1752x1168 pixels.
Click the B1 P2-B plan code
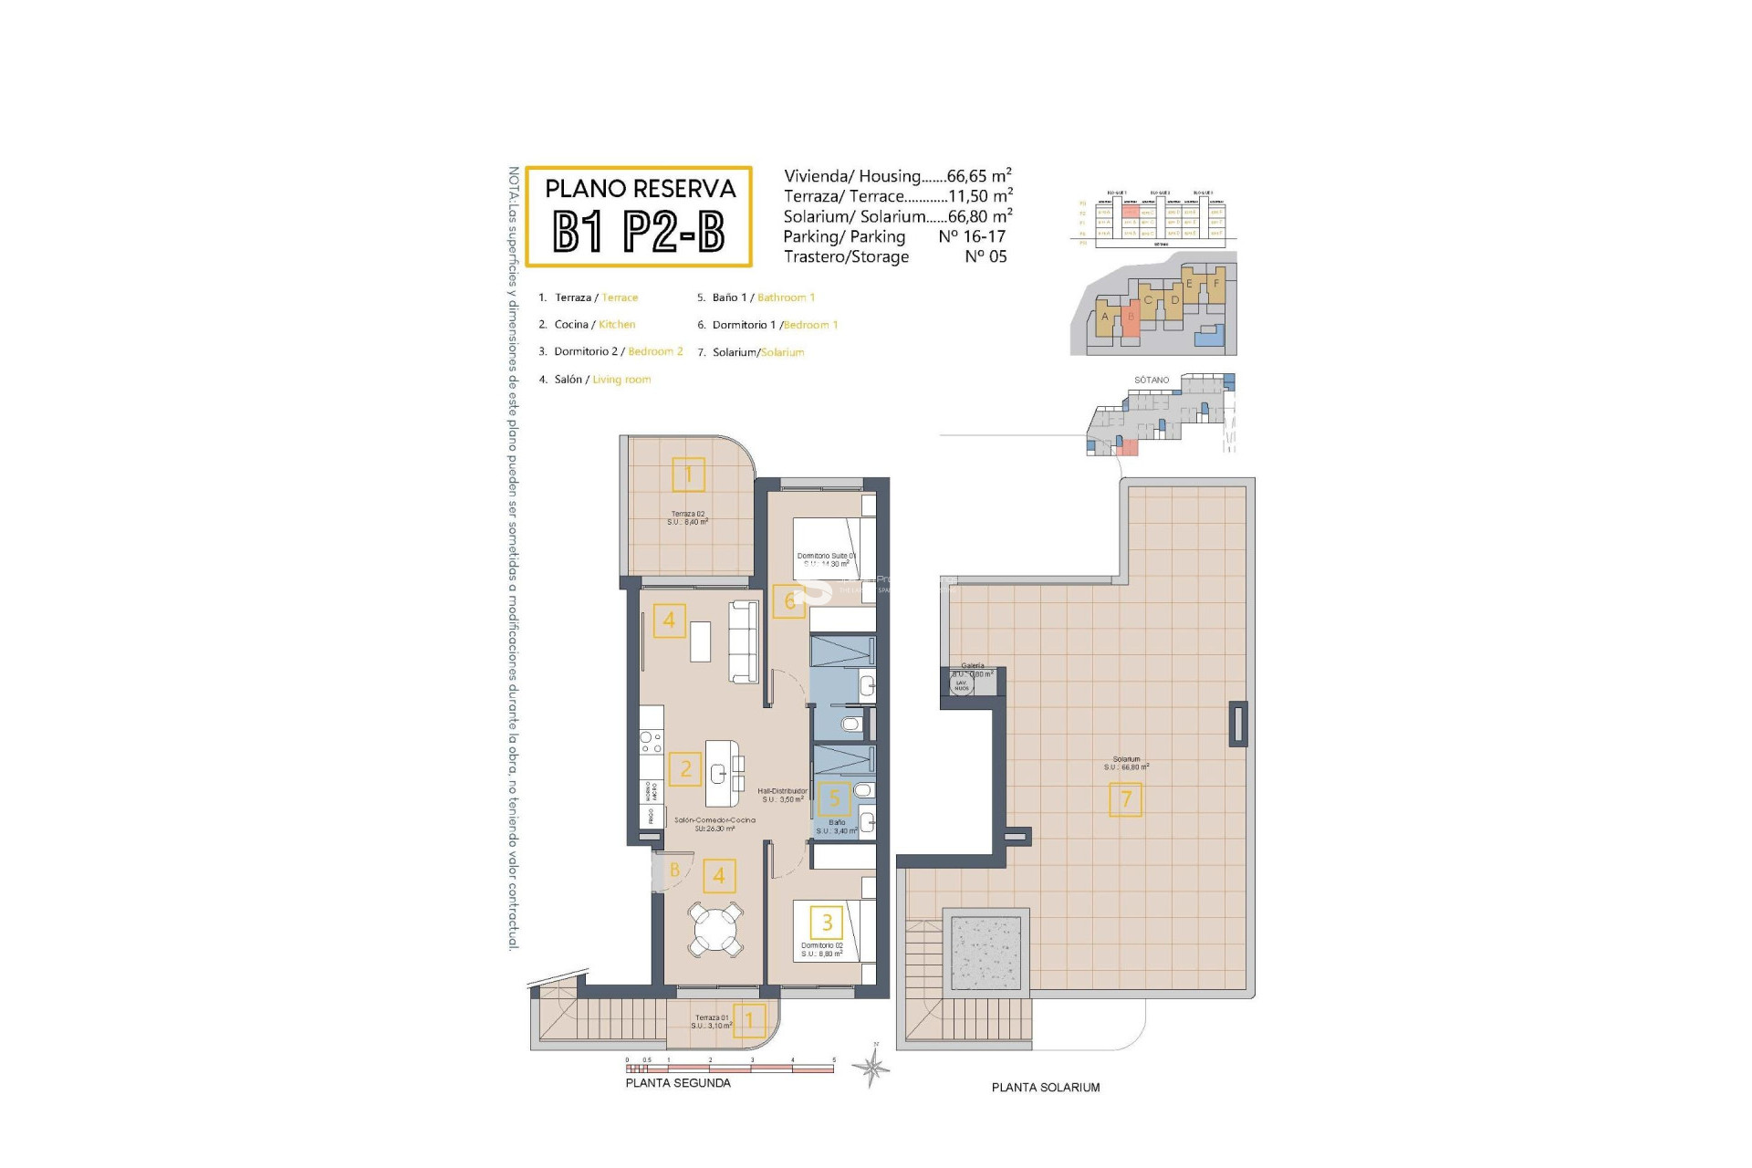(639, 232)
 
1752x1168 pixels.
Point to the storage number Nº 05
(985, 256)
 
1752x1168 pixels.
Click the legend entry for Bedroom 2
(618, 351)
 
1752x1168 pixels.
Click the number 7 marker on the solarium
(1125, 799)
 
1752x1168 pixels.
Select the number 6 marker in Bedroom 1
(788, 600)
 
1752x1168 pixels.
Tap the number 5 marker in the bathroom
(833, 798)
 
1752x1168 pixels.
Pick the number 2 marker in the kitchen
(685, 768)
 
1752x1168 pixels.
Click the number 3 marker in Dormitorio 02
(827, 922)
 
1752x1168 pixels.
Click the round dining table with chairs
(715, 929)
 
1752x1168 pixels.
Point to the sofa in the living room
(744, 641)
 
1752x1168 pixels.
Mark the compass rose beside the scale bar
(873, 1065)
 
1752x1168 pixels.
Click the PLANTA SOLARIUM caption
(1046, 1088)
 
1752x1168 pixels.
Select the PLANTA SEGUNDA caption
(678, 1083)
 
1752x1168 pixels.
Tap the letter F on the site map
(1215, 284)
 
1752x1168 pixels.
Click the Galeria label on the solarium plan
(973, 666)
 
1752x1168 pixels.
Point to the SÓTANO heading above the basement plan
(1152, 380)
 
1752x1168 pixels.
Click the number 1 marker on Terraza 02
(688, 474)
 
